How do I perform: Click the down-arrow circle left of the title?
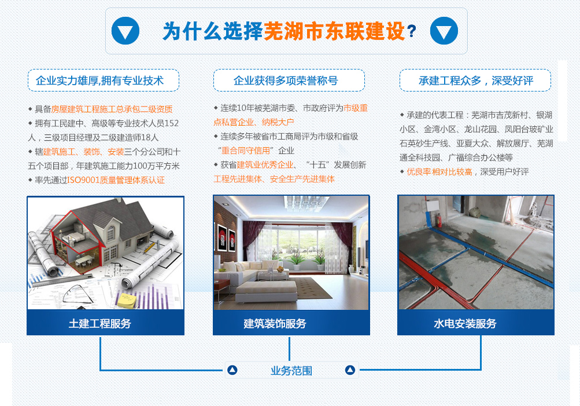coord(125,31)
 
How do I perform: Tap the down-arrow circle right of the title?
coord(444,31)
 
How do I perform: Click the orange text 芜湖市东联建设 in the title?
coord(334,31)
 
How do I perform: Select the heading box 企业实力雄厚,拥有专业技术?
coord(104,81)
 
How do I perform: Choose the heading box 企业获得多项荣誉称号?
coord(289,81)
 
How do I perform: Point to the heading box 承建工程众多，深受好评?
coord(475,81)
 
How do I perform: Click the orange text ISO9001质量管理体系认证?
coord(116,180)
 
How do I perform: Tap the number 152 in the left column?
coord(171,123)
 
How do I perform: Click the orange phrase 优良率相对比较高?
coord(439,172)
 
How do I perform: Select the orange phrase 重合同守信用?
coord(246,151)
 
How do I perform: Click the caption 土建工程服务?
coord(100,323)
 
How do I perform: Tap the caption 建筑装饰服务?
coord(275,323)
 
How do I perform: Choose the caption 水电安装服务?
coord(465,323)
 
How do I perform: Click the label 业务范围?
coord(291,371)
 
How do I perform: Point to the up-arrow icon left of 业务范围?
coord(232,370)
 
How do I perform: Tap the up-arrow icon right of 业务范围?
coord(350,370)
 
